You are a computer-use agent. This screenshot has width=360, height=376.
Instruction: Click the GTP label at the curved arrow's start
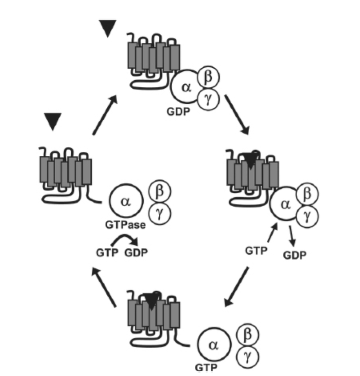[x=107, y=253]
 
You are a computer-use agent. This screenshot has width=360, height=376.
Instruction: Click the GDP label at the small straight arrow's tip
[x=295, y=255]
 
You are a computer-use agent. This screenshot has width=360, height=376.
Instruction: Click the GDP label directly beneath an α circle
[x=178, y=111]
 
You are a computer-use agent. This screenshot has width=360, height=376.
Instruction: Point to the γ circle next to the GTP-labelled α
[x=247, y=356]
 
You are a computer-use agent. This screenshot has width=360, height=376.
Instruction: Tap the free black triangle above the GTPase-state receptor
[x=53, y=122]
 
